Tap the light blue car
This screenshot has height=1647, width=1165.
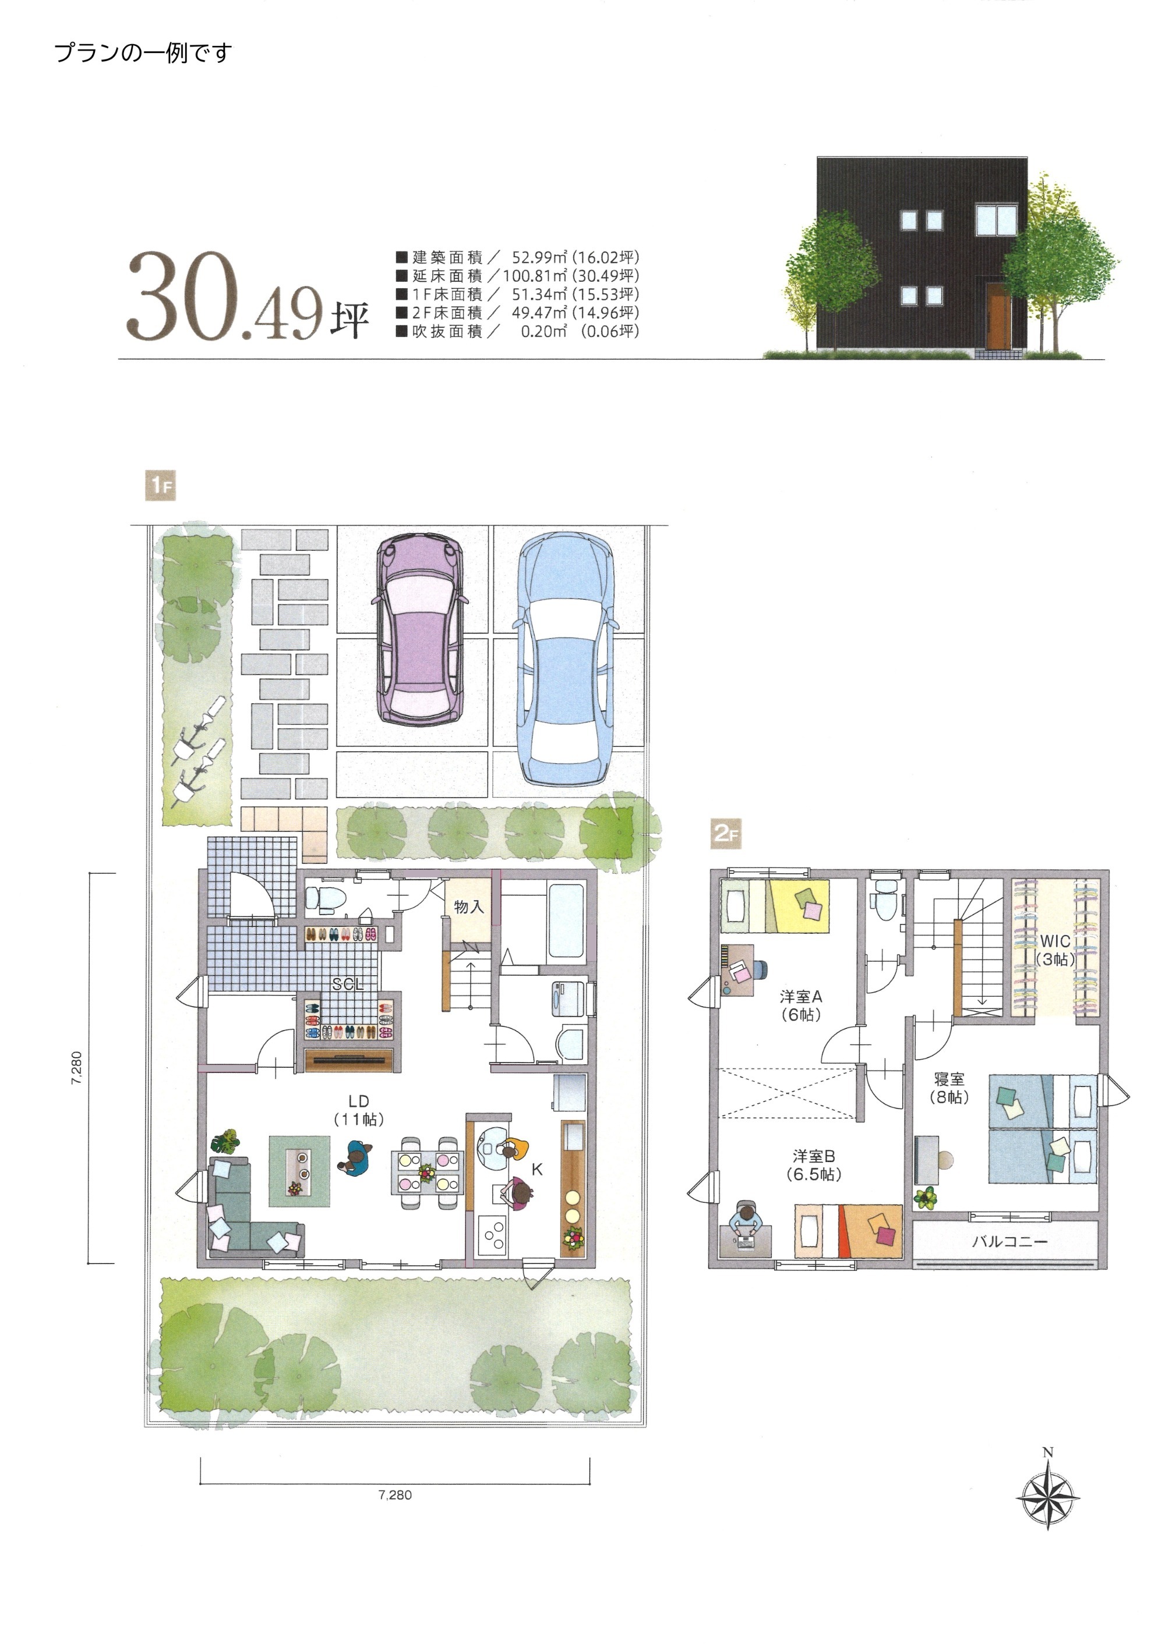(566, 658)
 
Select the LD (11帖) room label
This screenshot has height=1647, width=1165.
(358, 1110)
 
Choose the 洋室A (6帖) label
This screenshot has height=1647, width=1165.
(800, 1005)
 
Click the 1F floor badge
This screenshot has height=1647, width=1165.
(160, 486)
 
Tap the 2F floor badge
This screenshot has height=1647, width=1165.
(726, 834)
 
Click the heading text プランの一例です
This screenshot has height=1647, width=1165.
(143, 53)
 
